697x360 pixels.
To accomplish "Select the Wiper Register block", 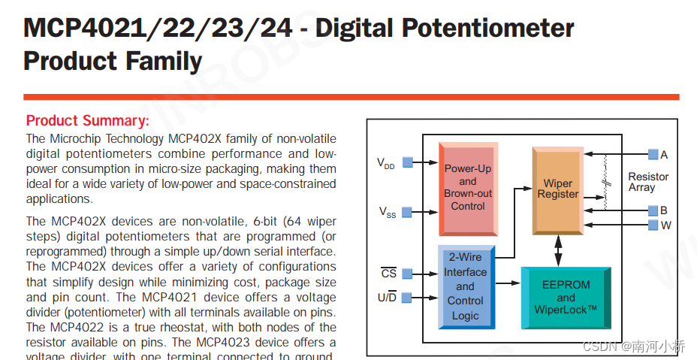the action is (x=558, y=189).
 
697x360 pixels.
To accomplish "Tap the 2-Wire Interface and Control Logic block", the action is (x=465, y=286).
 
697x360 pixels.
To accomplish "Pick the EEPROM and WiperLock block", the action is (x=566, y=297).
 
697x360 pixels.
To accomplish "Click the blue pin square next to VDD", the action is (x=407, y=162).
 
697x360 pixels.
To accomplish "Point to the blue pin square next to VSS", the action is (x=407, y=212).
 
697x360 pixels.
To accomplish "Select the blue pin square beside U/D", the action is (x=407, y=298).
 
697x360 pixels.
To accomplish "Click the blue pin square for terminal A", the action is (x=653, y=155).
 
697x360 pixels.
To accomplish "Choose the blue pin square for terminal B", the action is (x=653, y=211).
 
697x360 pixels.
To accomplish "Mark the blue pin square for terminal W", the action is (x=653, y=225).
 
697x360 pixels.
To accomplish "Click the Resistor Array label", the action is (x=647, y=182).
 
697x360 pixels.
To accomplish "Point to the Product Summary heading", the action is (x=88, y=121).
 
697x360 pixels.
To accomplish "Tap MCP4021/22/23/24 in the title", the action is (x=158, y=28).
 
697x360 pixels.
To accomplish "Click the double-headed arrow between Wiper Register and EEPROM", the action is (x=558, y=250).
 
